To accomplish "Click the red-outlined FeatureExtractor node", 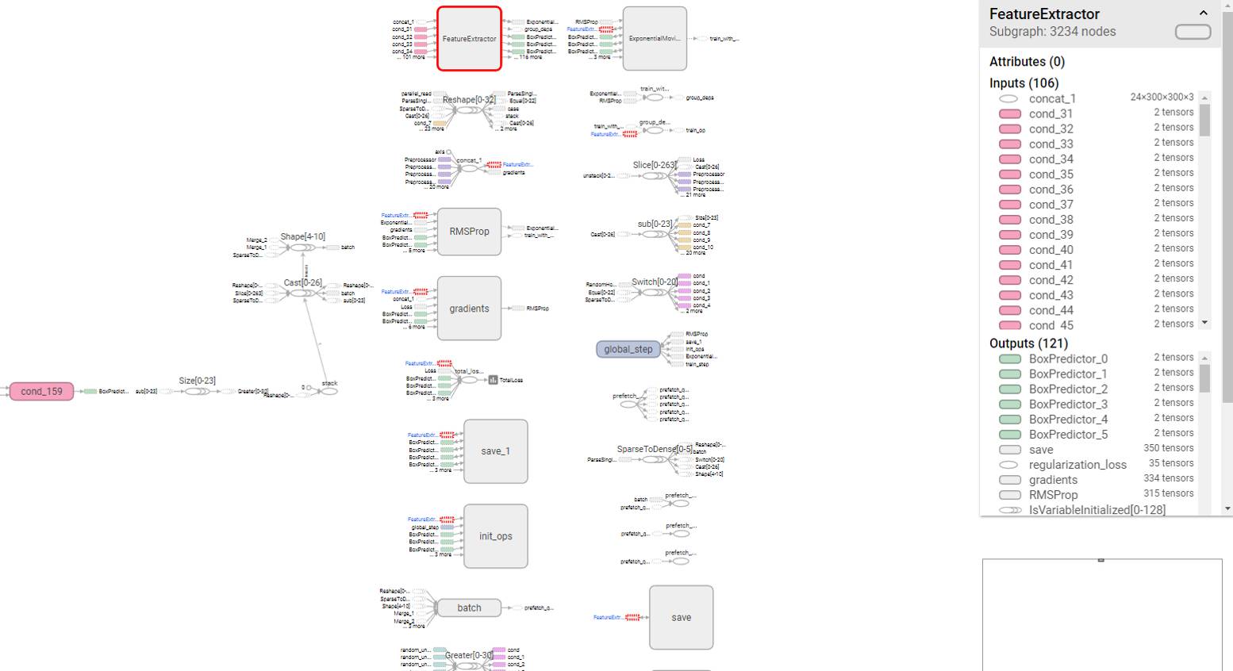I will pos(469,39).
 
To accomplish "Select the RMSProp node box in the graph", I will pos(469,232).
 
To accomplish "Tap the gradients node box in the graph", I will pos(469,309).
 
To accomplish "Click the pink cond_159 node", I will pos(41,391).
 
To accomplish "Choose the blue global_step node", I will pos(628,349).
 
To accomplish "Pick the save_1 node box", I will pos(495,451).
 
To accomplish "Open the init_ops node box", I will pos(495,536).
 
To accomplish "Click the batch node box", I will pos(469,608).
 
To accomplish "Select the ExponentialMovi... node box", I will pos(655,39).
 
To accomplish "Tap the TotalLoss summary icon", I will pos(493,380).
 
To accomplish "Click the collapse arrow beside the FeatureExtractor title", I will pos(1203,13).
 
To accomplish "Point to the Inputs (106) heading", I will pos(1024,83).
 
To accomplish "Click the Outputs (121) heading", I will pos(1028,343).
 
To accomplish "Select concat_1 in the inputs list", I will pos(1052,99).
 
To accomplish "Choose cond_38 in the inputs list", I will pos(1051,220).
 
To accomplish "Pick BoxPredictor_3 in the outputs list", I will pos(1068,405).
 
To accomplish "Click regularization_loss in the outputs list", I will pos(1077,465).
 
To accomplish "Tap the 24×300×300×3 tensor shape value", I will pos(1162,98).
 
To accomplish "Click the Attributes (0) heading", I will pos(1027,62).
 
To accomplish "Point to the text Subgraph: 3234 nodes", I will pos(1052,32).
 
